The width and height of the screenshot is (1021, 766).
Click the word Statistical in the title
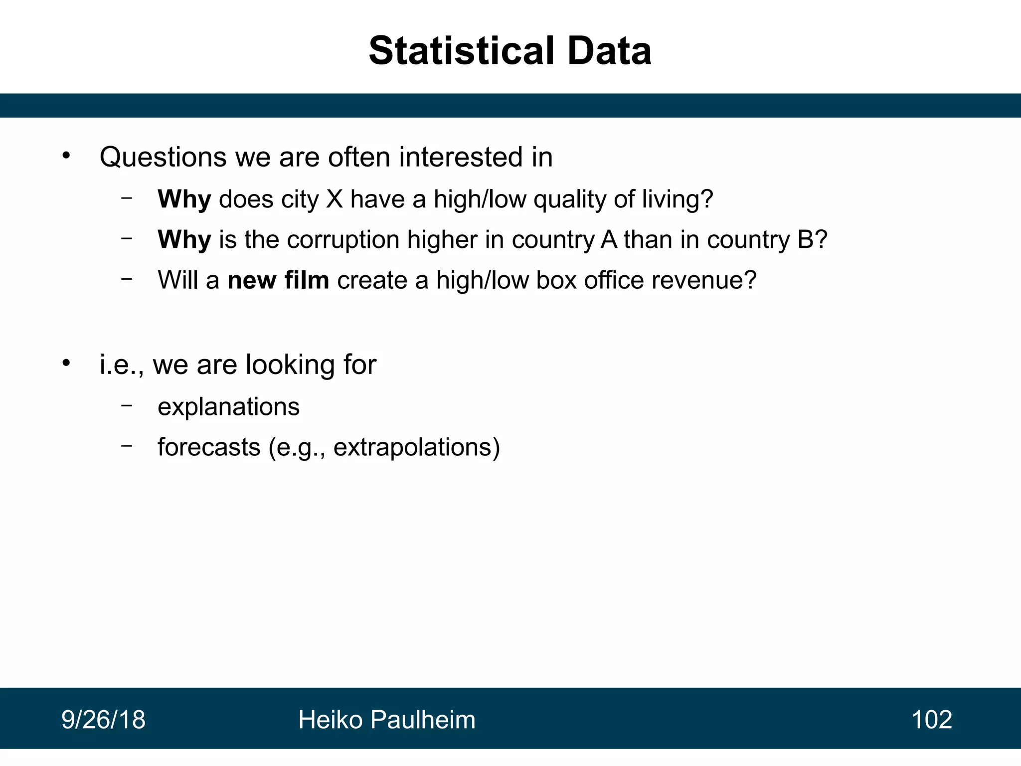(461, 51)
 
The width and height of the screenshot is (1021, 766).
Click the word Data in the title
(609, 51)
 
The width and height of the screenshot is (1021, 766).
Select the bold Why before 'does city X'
(184, 199)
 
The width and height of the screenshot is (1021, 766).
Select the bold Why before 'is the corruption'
(184, 240)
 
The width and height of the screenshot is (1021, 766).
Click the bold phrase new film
(278, 280)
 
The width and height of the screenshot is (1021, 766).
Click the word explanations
(228, 407)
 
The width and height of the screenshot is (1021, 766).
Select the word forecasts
(209, 447)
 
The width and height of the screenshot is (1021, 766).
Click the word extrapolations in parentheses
(412, 447)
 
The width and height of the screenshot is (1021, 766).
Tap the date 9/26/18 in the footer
(103, 720)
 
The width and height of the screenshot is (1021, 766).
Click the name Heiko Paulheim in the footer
(386, 720)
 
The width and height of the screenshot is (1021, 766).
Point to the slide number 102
(931, 720)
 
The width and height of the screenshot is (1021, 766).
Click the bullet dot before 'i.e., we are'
(66, 363)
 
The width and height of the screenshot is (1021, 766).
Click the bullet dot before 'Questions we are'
(66, 156)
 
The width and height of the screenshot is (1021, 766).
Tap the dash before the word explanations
(127, 405)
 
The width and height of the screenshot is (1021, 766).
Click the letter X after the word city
(334, 199)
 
